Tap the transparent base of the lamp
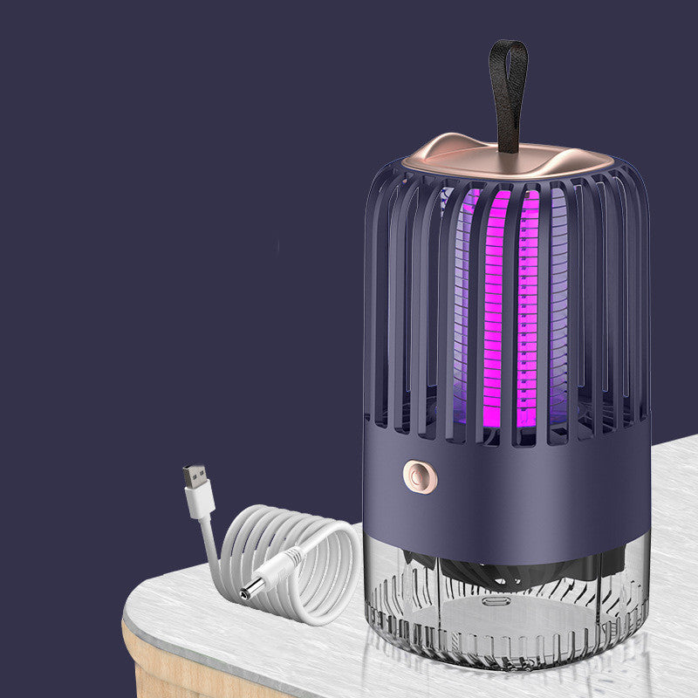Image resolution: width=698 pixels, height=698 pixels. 506,611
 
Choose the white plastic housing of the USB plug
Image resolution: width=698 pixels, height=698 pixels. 201,503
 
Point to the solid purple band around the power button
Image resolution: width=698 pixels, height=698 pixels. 523,489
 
